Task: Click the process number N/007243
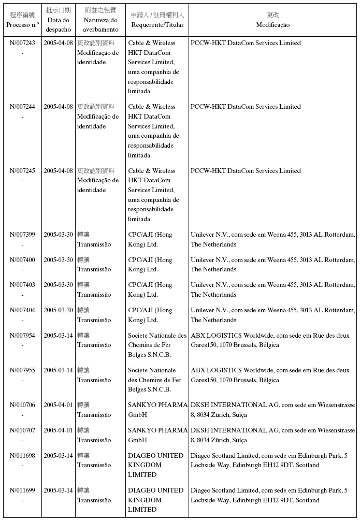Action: (x=22, y=43)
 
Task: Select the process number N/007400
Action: (x=22, y=259)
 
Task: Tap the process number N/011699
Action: (x=22, y=490)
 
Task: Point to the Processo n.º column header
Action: (x=22, y=20)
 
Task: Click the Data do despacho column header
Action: (x=58, y=20)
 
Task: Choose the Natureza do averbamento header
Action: (x=100, y=20)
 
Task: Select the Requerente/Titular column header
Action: (x=157, y=20)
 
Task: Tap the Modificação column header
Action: (x=272, y=20)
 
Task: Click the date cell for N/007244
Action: (x=58, y=107)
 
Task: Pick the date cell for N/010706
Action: (x=58, y=405)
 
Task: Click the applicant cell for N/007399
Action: (x=150, y=239)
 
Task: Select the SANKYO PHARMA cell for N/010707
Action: (x=157, y=435)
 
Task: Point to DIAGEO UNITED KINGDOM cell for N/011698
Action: (x=155, y=465)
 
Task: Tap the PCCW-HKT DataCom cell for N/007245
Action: (x=246, y=171)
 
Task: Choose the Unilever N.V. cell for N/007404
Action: (x=272, y=315)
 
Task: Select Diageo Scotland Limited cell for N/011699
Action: (x=269, y=495)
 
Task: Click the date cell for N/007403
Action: (x=58, y=285)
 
